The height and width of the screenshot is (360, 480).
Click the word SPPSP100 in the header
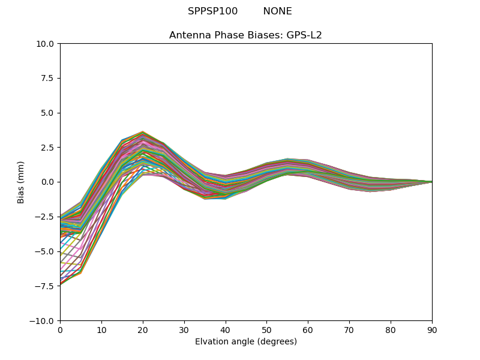[212, 11]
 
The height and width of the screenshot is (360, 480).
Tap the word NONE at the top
[277, 11]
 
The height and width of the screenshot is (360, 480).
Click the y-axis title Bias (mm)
[21, 182]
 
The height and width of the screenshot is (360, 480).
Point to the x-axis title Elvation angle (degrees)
[246, 341]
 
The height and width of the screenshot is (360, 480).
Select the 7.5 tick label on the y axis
[47, 79]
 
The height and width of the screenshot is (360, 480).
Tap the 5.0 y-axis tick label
[47, 113]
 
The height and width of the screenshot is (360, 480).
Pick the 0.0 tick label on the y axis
[47, 182]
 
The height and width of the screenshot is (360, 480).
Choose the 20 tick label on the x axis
[143, 329]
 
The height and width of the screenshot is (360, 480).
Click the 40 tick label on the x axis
[226, 329]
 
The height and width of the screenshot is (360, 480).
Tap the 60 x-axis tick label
[308, 329]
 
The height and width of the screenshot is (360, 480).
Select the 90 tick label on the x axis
[432, 329]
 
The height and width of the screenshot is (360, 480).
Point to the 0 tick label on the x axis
[60, 329]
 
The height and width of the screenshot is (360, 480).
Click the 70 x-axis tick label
[349, 329]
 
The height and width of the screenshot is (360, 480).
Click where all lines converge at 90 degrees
[431, 182]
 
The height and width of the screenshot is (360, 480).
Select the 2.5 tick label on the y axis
[47, 148]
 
